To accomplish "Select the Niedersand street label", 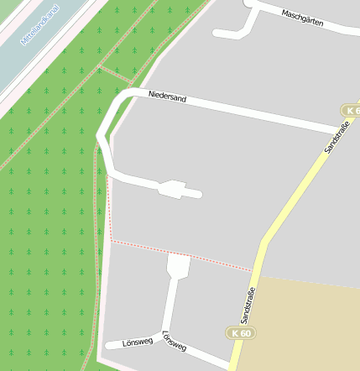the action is point(167,98).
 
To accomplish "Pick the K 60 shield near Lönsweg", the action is point(239,333).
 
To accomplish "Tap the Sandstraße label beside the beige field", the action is point(248,306).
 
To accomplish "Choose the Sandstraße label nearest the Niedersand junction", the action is point(336,138).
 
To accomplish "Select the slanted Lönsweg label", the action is point(172,340).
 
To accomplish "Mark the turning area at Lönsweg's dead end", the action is point(179,267).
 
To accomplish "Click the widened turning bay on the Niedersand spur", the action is point(175,188).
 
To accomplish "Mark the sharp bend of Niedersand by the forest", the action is point(102,134).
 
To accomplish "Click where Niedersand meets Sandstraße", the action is point(339,129).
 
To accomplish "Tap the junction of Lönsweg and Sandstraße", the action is point(231,366).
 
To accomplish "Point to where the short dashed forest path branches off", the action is point(100,65).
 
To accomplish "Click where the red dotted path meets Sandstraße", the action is point(253,271).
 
